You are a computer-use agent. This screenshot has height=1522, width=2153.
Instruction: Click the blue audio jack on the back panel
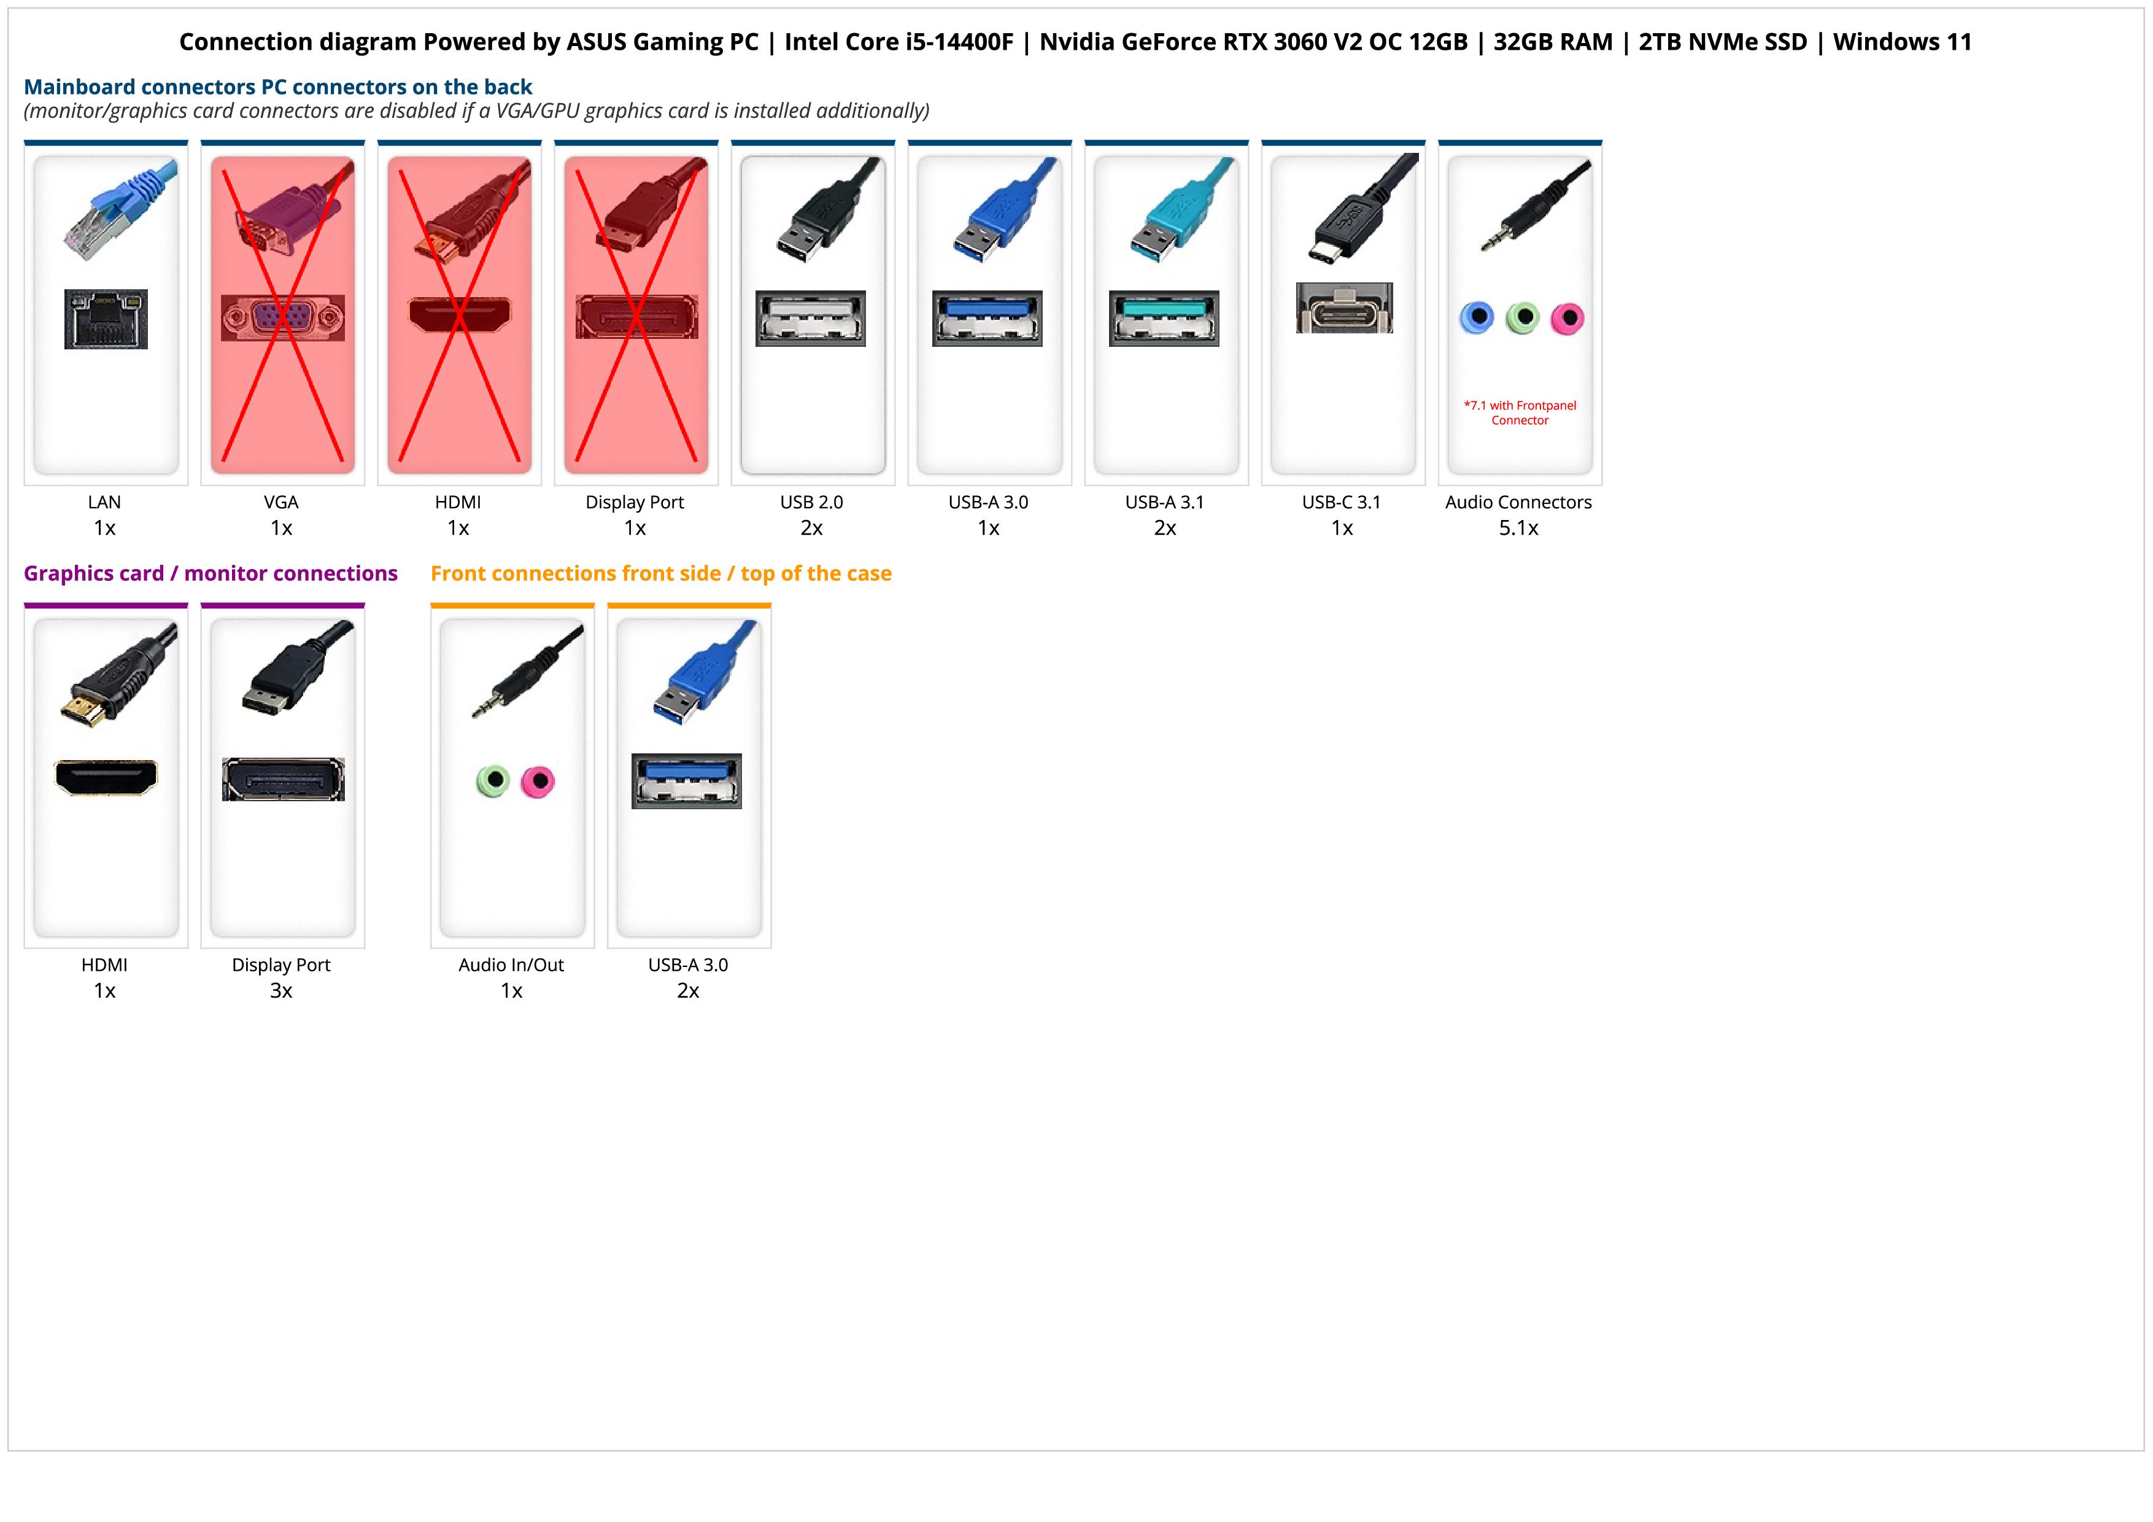tap(1477, 318)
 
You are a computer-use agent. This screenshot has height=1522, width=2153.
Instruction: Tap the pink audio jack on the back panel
tap(1567, 319)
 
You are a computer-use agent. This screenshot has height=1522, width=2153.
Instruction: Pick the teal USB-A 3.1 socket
tap(1164, 318)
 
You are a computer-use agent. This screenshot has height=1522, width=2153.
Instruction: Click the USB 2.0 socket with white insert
tap(810, 318)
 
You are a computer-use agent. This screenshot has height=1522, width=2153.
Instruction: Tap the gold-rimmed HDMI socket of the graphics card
tap(106, 777)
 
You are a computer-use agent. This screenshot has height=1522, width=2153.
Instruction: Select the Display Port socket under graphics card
tap(283, 778)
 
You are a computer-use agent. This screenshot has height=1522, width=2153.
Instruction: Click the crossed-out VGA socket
tap(282, 318)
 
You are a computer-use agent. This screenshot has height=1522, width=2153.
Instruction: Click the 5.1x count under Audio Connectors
tap(1518, 528)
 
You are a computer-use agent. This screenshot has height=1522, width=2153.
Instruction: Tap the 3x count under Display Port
tap(281, 991)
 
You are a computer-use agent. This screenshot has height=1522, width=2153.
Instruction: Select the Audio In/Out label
tap(511, 965)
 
